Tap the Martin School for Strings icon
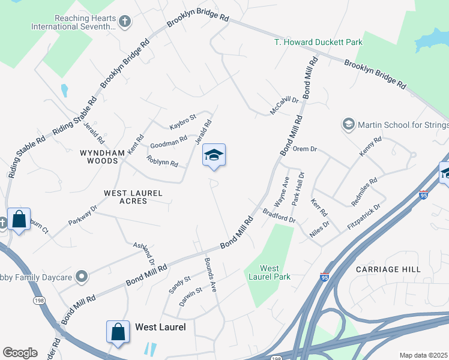click(x=348, y=124)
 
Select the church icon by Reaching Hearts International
click(x=125, y=22)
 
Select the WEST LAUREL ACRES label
click(x=134, y=197)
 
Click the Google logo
click(x=20, y=353)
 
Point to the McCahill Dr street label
click(x=284, y=105)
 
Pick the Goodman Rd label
click(x=169, y=142)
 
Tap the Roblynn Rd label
click(x=162, y=162)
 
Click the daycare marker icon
click(x=82, y=277)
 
